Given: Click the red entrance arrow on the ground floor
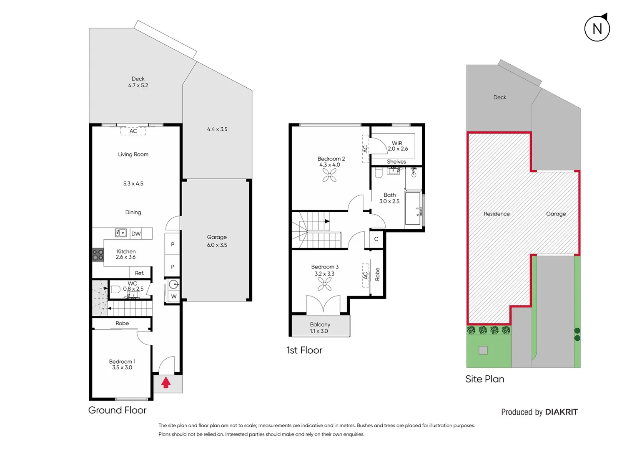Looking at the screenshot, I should [166, 383].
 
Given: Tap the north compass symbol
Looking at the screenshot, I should [597, 28].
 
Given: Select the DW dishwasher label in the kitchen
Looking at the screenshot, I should [136, 233].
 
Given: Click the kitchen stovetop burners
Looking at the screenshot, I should [98, 255].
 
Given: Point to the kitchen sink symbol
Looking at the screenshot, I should [121, 233].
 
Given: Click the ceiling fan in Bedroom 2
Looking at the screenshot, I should [329, 175].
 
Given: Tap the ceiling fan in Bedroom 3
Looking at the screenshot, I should [324, 284].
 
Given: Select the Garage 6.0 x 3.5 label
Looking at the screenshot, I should [217, 241].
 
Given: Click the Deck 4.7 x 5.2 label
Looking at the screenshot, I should [138, 82].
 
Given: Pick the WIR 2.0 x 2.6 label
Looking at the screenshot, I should [397, 146].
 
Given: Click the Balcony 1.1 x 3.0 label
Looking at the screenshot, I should [320, 327].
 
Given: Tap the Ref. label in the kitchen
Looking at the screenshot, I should [139, 273].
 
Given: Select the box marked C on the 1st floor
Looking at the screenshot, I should [376, 239].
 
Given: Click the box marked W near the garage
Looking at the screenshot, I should [173, 296].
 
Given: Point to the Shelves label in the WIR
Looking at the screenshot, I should [396, 162].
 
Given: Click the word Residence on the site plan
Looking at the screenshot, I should [497, 214].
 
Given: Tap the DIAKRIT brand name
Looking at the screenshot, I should [561, 412].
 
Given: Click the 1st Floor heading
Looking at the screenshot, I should [304, 350].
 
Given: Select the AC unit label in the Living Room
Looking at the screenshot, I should [133, 131].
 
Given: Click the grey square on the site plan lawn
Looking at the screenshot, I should [483, 350].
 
